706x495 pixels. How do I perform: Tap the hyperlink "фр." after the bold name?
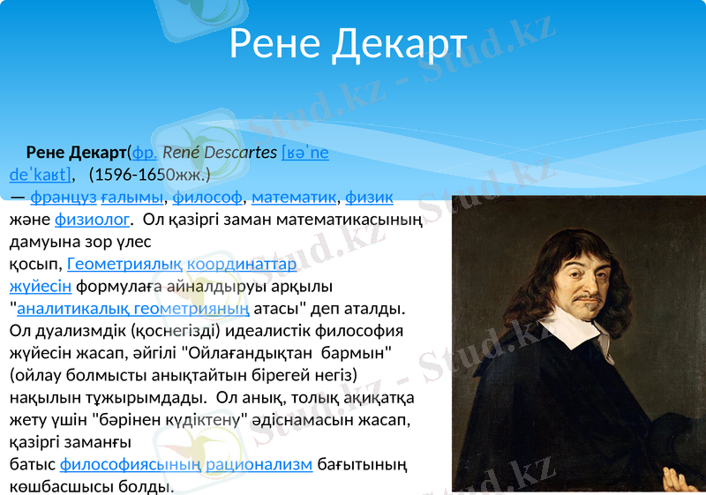point(144,153)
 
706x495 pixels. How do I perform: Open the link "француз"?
point(64,197)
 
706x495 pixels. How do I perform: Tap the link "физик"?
point(369,197)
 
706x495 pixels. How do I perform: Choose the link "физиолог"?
point(93,219)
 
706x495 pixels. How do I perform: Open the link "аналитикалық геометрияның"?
point(133,309)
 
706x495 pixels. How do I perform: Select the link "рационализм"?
point(259,464)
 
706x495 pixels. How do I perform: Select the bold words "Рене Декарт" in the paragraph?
point(77,153)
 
